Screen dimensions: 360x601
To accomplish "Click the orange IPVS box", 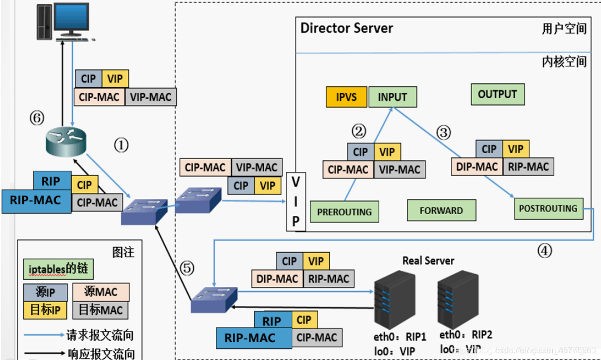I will [x=345, y=98].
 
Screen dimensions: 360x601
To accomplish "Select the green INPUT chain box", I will [x=393, y=97].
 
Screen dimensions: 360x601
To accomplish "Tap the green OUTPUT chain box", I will [x=497, y=94].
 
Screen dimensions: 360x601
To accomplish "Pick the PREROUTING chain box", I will [x=344, y=212].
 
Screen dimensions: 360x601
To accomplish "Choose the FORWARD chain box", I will [x=441, y=210].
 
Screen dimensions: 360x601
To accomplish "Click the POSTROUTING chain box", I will [x=548, y=208].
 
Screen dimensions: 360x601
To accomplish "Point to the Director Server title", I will [x=346, y=28].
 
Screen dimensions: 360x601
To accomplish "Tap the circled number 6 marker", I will [x=37, y=117].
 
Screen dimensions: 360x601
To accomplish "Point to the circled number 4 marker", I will [x=545, y=250].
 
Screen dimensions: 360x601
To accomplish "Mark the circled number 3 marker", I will [x=443, y=133].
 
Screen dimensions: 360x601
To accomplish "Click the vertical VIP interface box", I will [x=296, y=201].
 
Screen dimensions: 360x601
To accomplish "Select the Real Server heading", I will [x=428, y=260].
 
